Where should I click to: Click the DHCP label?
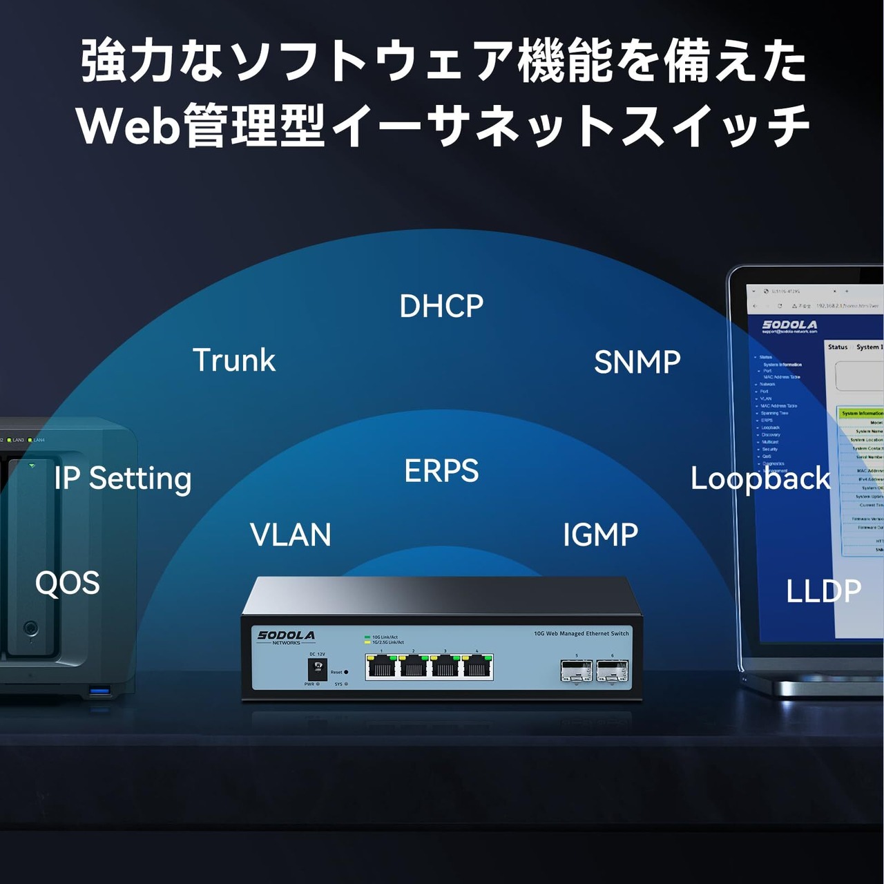click(441, 306)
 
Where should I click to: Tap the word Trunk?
click(233, 360)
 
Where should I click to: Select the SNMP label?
click(637, 362)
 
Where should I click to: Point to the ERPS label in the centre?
click(441, 471)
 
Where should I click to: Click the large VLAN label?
click(290, 535)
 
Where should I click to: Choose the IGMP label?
click(600, 535)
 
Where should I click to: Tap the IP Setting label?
click(122, 479)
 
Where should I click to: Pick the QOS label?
click(67, 584)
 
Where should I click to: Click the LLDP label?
click(823, 591)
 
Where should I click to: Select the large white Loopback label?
click(760, 479)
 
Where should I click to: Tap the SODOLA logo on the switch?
click(286, 636)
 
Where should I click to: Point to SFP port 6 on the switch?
click(612, 670)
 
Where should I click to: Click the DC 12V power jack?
click(317, 669)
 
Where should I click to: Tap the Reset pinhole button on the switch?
click(346, 672)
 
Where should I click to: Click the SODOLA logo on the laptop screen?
click(789, 325)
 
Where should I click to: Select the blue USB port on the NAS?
click(99, 690)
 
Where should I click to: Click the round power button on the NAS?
click(30, 628)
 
